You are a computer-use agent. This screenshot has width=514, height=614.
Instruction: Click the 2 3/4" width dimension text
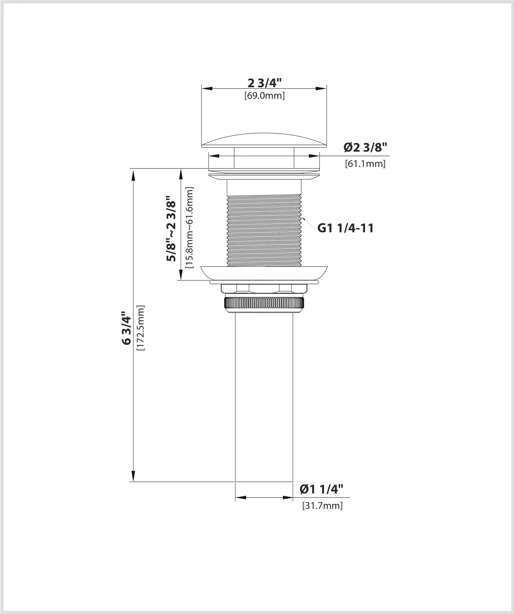point(264,83)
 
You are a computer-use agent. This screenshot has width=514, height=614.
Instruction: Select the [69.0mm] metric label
point(264,96)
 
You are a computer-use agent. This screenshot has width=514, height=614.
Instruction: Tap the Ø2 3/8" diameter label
point(365,148)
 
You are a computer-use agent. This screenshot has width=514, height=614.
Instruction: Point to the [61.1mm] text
point(365,164)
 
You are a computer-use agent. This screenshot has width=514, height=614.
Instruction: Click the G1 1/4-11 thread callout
point(346,228)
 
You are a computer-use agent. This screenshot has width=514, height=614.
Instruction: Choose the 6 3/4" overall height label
point(126,328)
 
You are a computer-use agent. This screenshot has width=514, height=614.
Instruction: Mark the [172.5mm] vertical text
point(140,328)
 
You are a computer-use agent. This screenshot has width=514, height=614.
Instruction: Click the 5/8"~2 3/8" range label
point(171,228)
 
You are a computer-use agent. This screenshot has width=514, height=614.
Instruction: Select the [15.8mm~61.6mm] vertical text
point(189,227)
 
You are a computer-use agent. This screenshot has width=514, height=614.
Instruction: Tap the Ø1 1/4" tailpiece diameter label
point(321,489)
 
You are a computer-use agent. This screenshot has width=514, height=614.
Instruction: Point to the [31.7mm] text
point(322,505)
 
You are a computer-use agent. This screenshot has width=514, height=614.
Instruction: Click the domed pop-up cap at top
point(264,141)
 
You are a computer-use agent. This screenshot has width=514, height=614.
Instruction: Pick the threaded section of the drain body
point(264,230)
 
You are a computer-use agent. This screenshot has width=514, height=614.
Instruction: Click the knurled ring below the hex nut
point(264,304)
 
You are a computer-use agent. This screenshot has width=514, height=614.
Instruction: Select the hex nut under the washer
point(264,289)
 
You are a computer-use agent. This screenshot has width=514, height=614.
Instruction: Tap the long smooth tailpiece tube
point(264,398)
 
